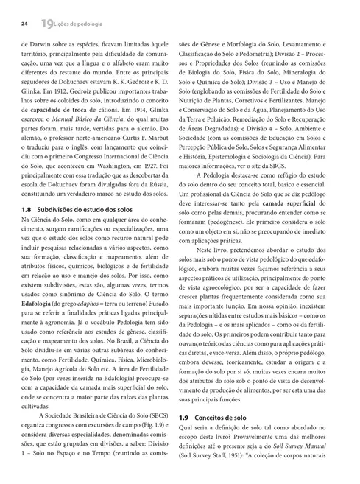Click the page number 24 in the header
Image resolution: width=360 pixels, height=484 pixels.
(24, 25)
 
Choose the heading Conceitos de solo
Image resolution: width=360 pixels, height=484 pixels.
(233, 437)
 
